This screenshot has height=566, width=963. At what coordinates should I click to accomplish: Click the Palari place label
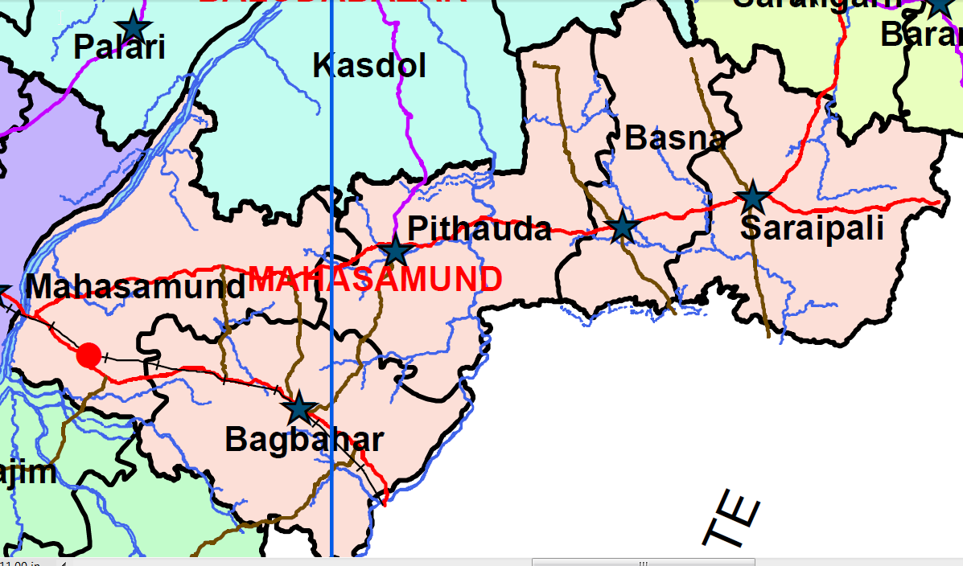119,47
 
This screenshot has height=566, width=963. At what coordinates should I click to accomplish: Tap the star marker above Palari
134,27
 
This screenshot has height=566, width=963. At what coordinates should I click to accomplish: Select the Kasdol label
368,66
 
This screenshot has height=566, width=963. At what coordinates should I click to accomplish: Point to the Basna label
675,139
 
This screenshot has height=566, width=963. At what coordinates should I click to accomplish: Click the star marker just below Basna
623,227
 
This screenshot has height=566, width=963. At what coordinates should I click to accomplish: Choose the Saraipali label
811,228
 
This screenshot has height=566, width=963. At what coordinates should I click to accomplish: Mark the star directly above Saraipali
752,197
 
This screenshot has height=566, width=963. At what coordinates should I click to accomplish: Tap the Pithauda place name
479,230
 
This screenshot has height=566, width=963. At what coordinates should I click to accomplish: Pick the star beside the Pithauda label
395,252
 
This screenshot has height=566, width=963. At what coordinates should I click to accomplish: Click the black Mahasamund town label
135,287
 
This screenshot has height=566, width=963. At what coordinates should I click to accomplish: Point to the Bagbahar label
303,440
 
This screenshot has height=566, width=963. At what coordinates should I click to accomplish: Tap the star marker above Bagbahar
299,408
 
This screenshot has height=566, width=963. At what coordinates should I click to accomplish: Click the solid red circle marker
89,355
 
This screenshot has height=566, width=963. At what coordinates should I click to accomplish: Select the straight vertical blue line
331,161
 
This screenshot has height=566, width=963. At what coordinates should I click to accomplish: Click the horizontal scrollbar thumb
643,562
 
